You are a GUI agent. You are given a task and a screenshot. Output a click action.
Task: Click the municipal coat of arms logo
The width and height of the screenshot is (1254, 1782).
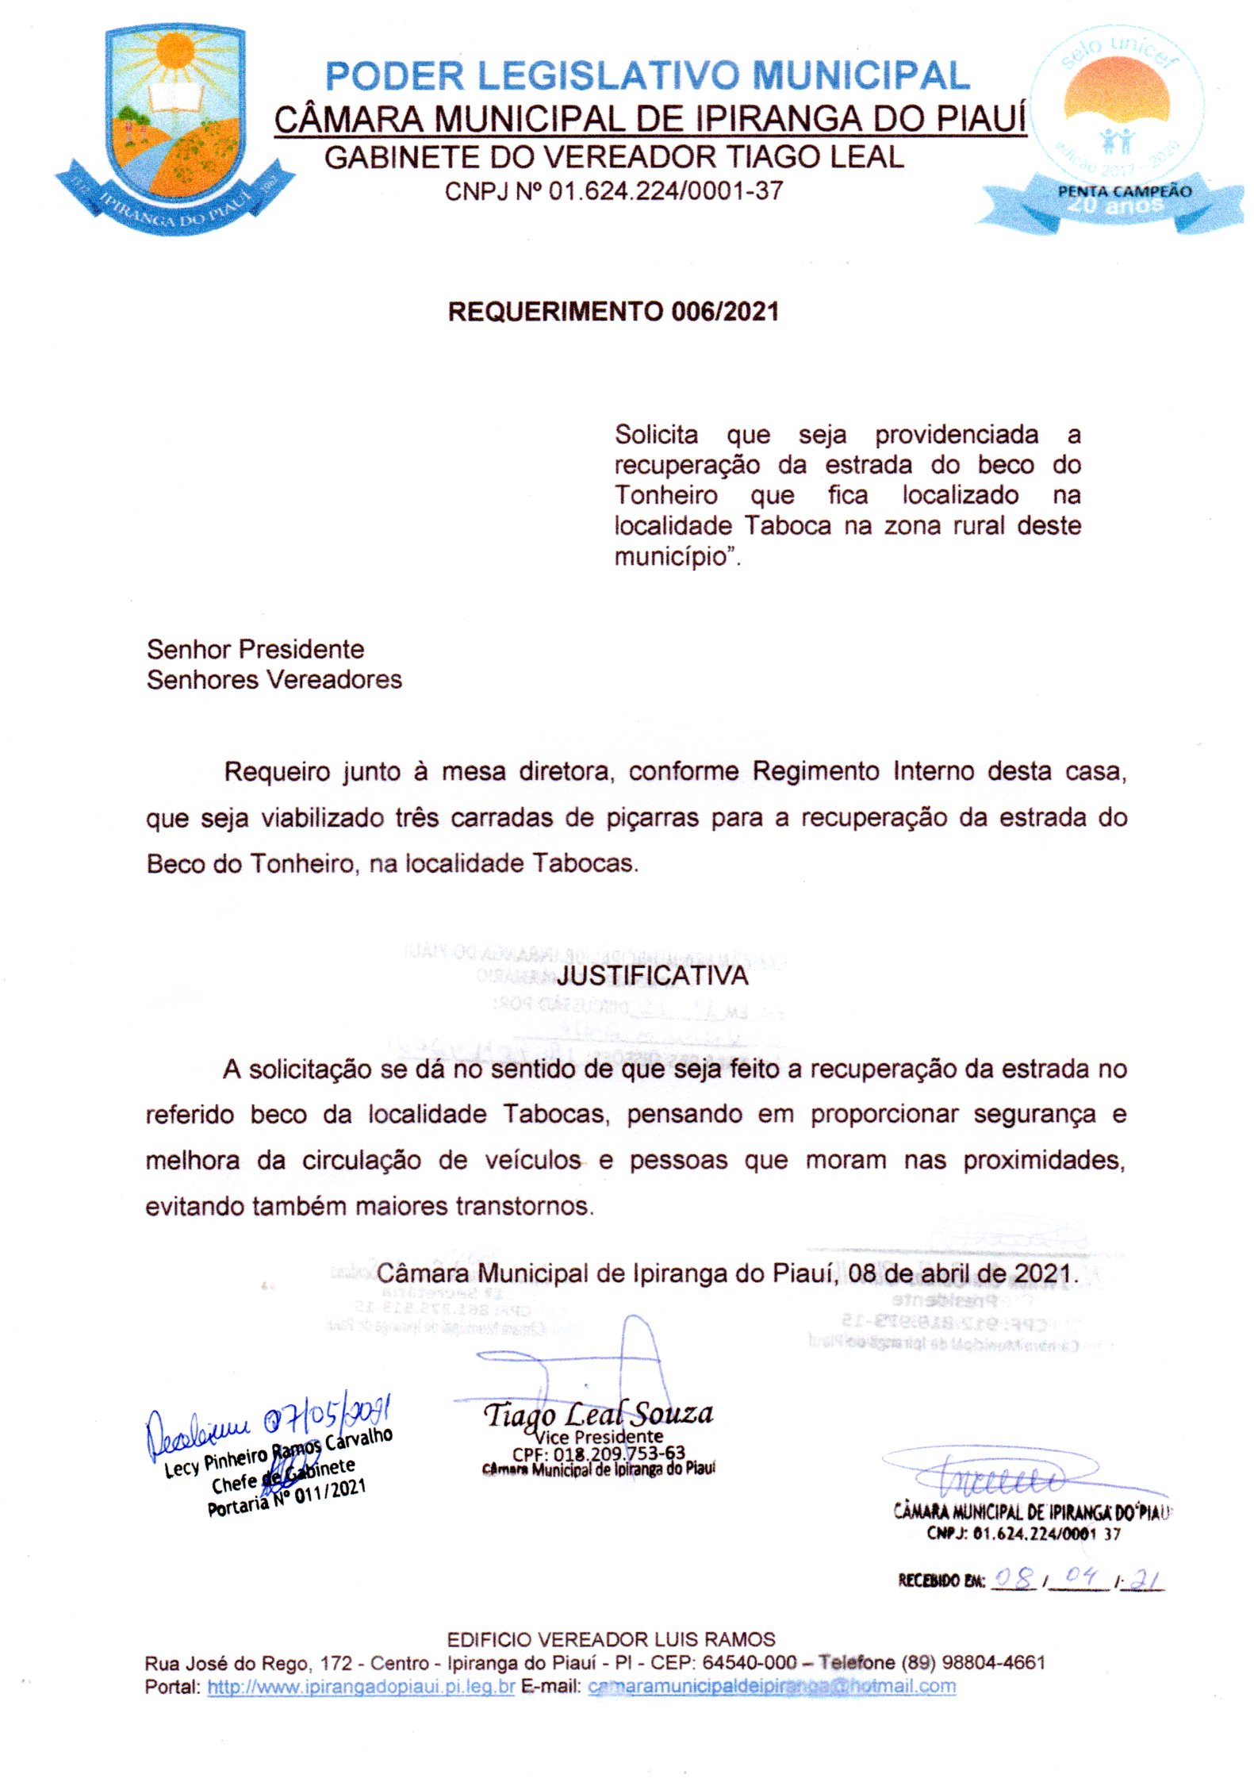[x=174, y=127]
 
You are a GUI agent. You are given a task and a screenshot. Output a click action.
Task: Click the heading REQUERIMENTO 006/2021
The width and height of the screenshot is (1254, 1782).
[x=613, y=312]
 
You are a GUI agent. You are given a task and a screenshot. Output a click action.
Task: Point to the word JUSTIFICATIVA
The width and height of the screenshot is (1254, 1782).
[x=652, y=975]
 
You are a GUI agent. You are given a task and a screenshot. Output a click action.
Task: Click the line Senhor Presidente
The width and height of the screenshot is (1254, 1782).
[x=255, y=649]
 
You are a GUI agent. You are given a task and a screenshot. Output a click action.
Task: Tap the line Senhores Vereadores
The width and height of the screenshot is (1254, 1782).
[x=274, y=679]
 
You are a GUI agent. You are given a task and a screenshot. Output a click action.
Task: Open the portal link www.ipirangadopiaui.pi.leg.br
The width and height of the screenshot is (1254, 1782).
[x=361, y=1686]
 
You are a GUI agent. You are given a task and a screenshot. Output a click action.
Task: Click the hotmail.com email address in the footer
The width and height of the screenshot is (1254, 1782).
[x=772, y=1686]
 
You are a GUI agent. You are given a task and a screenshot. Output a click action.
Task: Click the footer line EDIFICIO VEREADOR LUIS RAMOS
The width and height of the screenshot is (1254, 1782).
[x=611, y=1639]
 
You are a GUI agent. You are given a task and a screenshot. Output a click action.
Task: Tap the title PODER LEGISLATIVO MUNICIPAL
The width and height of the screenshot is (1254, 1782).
[x=647, y=76]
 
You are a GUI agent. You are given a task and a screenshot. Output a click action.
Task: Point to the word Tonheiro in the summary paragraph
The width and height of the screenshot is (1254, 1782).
[x=666, y=495]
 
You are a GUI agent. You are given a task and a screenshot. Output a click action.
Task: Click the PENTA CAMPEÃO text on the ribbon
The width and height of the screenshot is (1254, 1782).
[x=1125, y=191]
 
